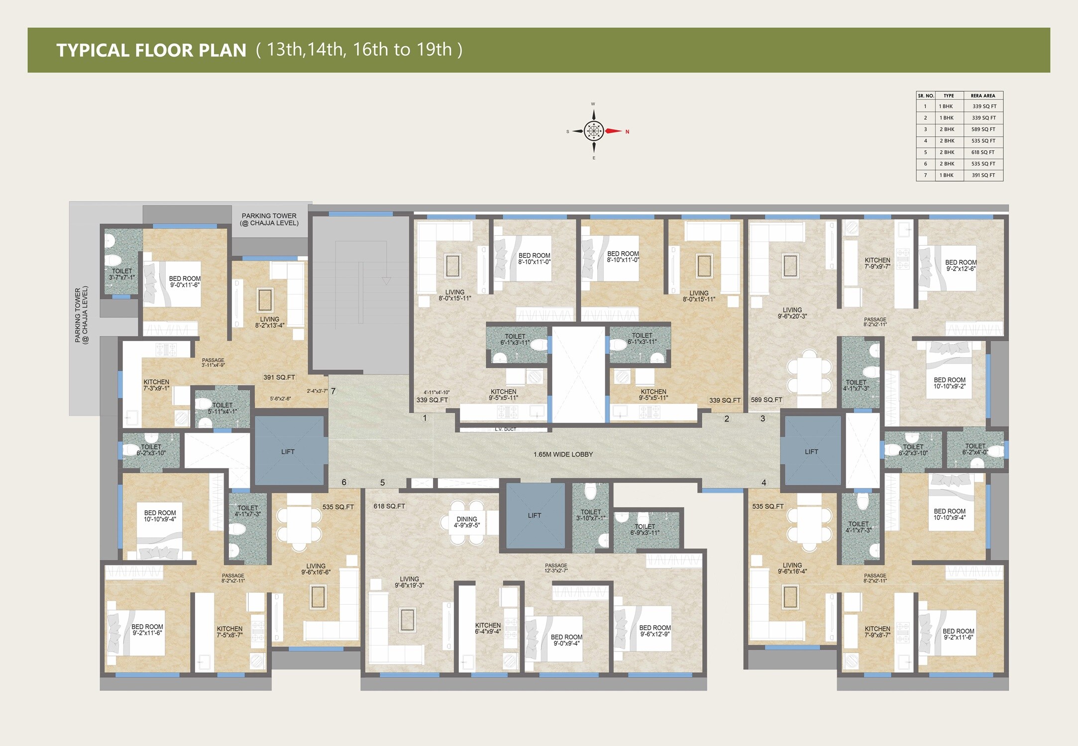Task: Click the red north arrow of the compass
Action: click(x=613, y=131)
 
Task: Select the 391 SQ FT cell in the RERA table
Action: click(x=983, y=175)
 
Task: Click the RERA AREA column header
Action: click(x=982, y=95)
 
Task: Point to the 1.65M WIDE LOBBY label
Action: click(x=563, y=454)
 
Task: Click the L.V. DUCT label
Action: click(x=505, y=429)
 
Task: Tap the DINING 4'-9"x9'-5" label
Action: click(x=466, y=522)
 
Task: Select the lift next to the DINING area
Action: click(x=535, y=515)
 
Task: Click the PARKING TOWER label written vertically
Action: click(x=81, y=315)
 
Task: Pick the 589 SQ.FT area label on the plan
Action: click(x=766, y=400)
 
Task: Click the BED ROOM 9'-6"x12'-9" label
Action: click(x=654, y=631)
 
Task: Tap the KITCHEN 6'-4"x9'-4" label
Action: click(x=488, y=628)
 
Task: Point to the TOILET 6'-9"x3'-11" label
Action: click(x=645, y=529)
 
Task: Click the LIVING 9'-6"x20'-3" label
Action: click(x=792, y=313)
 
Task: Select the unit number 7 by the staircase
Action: click(x=333, y=391)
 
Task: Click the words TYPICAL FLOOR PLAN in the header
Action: click(x=151, y=50)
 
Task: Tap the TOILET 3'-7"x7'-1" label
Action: click(x=122, y=274)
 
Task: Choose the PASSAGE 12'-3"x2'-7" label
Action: click(x=556, y=568)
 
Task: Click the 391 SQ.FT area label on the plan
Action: click(x=279, y=377)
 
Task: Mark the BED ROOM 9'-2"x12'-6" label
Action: click(x=960, y=265)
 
